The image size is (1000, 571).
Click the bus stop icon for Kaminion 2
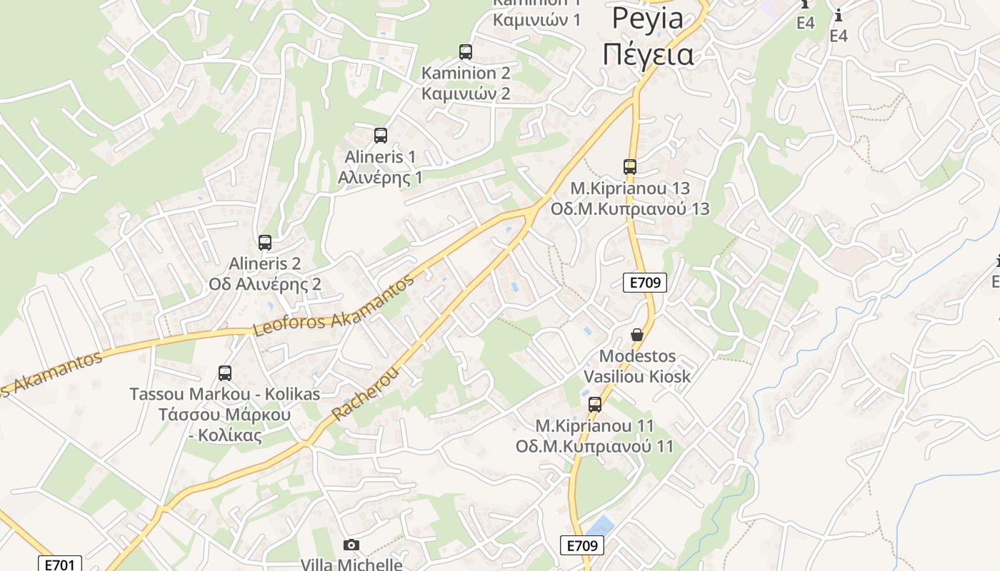pyautogui.click(x=466, y=51)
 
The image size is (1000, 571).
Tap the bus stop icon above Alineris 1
pyautogui.click(x=381, y=135)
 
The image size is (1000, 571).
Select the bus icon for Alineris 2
pyautogui.click(x=265, y=243)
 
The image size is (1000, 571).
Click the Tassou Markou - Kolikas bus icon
pyautogui.click(x=225, y=373)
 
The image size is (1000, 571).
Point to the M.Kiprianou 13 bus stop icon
pyautogui.click(x=629, y=167)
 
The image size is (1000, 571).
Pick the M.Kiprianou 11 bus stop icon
pyautogui.click(x=595, y=405)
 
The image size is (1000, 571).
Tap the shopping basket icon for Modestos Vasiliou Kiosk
pyautogui.click(x=637, y=335)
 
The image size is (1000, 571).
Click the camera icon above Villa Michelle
pyautogui.click(x=351, y=545)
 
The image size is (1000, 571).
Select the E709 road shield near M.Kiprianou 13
pyautogui.click(x=645, y=283)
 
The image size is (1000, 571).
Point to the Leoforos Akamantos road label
pyautogui.click(x=334, y=308)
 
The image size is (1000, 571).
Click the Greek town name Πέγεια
pyautogui.click(x=648, y=54)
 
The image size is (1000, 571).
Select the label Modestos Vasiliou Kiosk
pyautogui.click(x=637, y=365)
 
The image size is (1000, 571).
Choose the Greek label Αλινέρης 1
pyautogui.click(x=380, y=177)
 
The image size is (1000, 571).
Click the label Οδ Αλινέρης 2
pyautogui.click(x=265, y=284)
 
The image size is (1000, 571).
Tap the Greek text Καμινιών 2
pyautogui.click(x=466, y=94)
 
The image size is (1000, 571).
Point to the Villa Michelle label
pyautogui.click(x=351, y=565)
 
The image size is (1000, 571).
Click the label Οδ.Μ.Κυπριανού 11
pyautogui.click(x=595, y=447)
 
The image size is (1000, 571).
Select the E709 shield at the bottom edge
pyautogui.click(x=582, y=546)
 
